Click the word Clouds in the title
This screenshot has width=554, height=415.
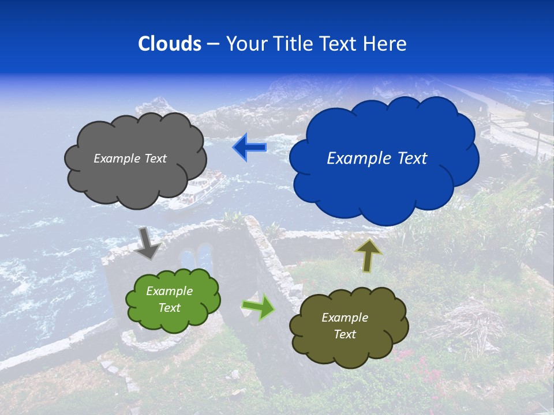click(170, 44)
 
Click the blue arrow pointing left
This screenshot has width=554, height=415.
click(249, 148)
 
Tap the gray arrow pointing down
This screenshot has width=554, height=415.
click(147, 244)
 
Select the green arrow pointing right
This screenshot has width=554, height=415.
click(258, 307)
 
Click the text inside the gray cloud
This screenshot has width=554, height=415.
click(130, 159)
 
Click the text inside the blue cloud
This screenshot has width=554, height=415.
click(377, 159)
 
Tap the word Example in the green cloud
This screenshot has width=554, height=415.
click(169, 292)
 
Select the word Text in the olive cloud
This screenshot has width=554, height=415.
click(345, 334)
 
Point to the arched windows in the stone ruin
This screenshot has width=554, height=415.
click(196, 259)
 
